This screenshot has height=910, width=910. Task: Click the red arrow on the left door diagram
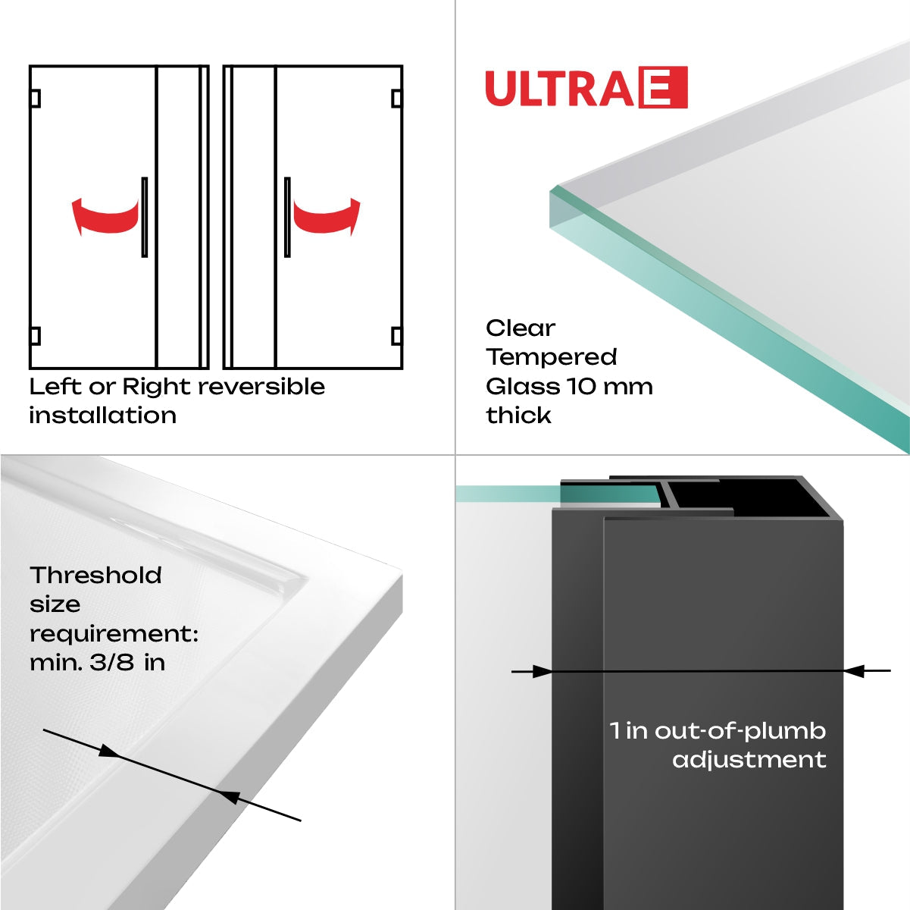click(106, 216)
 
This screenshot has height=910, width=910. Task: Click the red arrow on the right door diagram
click(327, 216)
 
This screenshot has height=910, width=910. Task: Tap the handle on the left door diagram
click(144, 218)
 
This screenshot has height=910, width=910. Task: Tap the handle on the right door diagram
click(287, 218)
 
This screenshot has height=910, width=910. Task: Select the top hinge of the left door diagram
click(35, 99)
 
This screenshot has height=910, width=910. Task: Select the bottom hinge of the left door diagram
click(35, 336)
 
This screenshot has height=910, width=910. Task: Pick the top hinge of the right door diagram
click(396, 99)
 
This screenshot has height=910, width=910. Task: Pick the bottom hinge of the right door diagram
click(396, 336)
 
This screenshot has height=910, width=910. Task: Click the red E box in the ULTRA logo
click(664, 88)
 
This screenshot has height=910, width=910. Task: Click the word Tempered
click(551, 357)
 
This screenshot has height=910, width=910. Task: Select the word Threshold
click(95, 576)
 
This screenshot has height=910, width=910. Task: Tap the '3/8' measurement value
click(111, 663)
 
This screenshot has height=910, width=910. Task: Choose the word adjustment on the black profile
click(749, 760)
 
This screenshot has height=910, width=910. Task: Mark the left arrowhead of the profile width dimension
click(542, 671)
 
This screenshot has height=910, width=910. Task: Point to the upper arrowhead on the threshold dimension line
click(109, 752)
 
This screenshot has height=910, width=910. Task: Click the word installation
click(102, 416)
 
